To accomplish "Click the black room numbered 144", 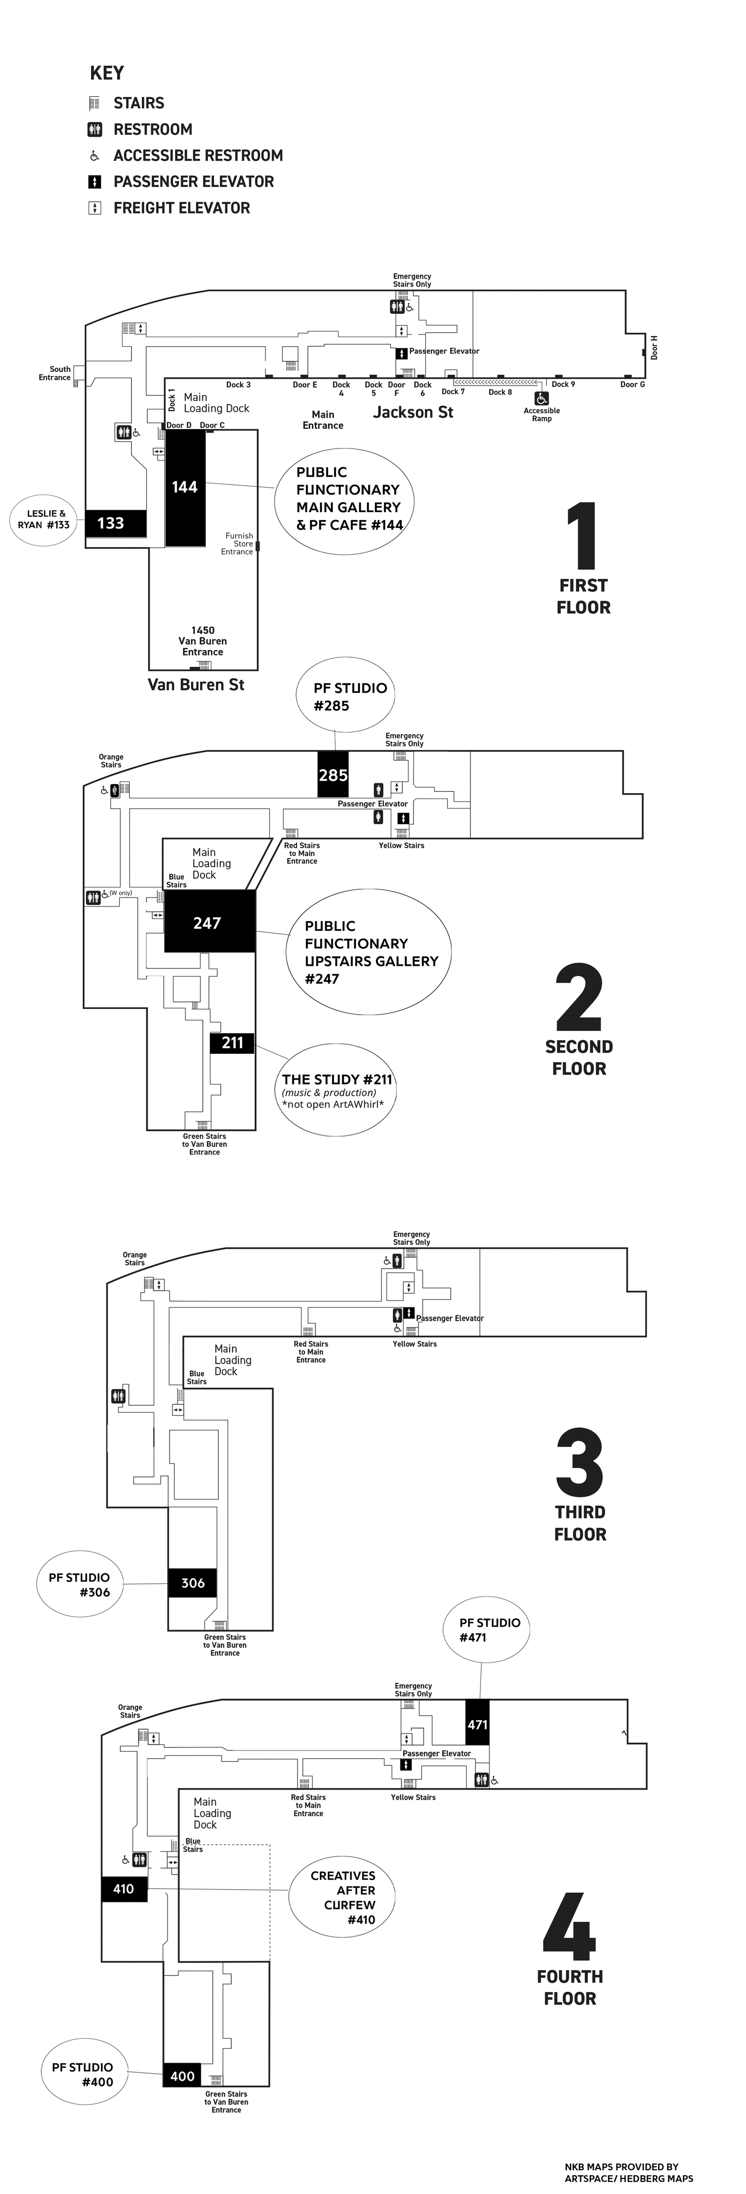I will coord(185,487).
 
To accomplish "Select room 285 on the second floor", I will coord(333,774).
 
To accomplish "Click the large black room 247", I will coord(209,921).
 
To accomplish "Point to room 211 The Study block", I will coord(232,1042).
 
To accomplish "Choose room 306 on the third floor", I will coord(192,1582).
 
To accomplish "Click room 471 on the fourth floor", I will coord(477,1725).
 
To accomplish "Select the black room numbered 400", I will coord(182,2076).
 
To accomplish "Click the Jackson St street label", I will coord(413,412).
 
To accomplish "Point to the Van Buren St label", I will coord(196,685).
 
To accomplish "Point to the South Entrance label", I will coord(55,373).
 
